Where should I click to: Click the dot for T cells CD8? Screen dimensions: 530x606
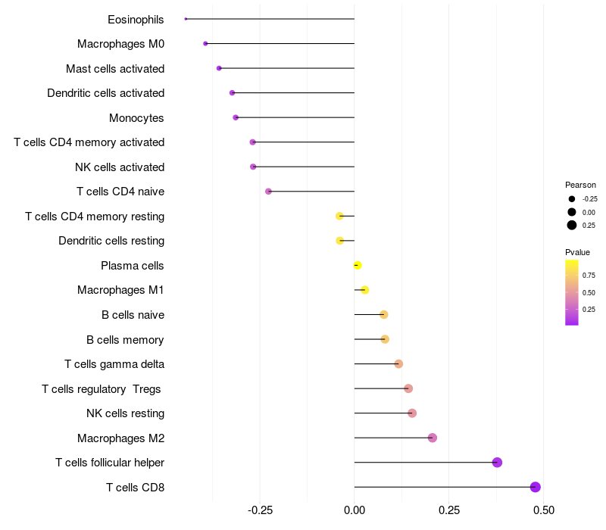tap(536, 487)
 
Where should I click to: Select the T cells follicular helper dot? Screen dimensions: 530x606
tap(497, 463)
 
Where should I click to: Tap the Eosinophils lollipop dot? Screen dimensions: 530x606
tap(186, 19)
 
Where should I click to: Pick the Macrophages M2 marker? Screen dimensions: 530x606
tap(433, 438)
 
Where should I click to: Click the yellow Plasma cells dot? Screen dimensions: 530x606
tap(358, 265)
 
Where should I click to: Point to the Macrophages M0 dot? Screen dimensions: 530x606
tap(205, 44)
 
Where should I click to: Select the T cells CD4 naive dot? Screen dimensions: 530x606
tap(268, 192)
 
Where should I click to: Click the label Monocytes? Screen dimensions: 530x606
tap(136, 118)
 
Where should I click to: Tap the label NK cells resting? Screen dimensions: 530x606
tap(125, 413)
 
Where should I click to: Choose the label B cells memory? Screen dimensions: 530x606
tap(125, 340)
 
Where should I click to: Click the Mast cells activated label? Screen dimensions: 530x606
tap(115, 69)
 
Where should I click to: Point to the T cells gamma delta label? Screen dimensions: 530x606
tap(114, 364)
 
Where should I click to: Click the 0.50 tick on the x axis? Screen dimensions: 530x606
tap(543, 510)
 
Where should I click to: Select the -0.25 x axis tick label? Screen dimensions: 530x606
tap(260, 510)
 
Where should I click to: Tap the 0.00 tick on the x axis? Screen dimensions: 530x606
tap(355, 510)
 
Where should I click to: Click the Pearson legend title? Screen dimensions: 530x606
tap(580, 185)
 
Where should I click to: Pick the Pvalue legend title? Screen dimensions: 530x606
tap(577, 252)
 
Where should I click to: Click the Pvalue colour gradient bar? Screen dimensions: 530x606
tap(572, 292)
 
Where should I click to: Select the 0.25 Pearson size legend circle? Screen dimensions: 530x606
tap(572, 225)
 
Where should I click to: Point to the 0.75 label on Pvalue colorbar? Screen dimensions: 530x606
tap(589, 276)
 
